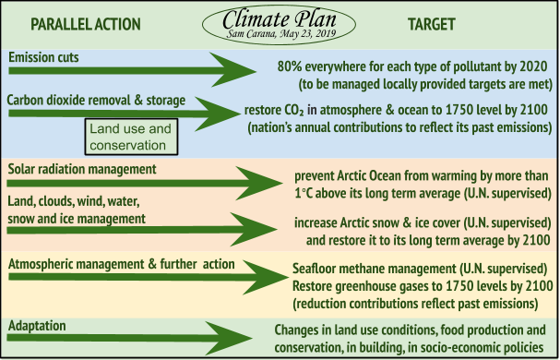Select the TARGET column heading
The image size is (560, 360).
pos(435,22)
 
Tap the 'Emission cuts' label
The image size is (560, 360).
pos(42,57)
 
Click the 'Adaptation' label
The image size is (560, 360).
pos(38,326)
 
